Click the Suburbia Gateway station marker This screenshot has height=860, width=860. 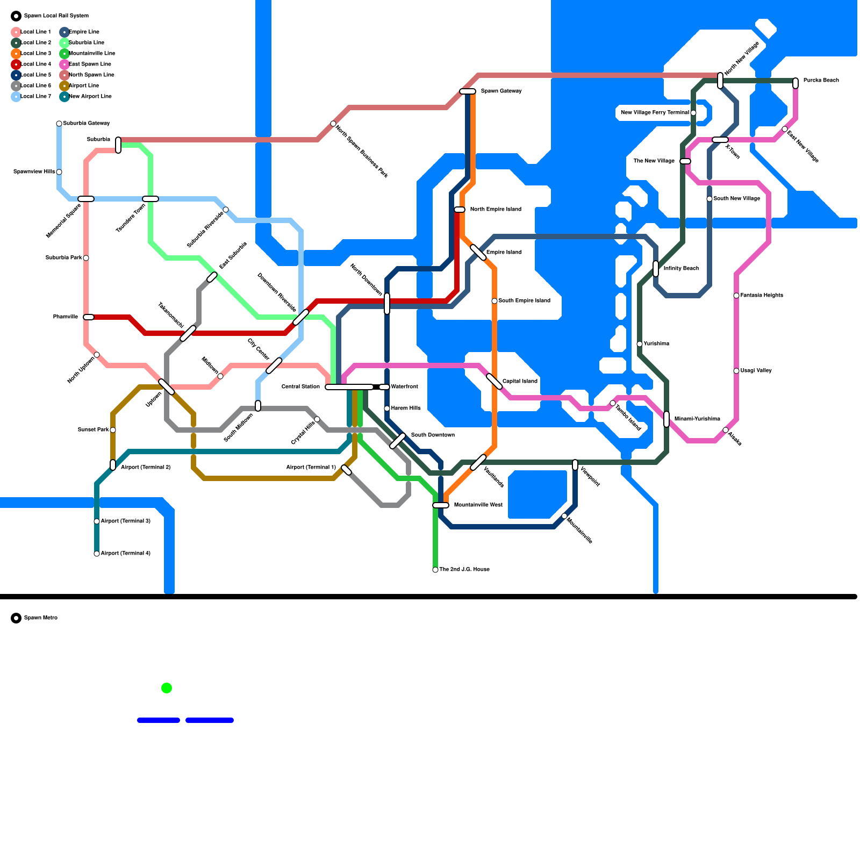pos(59,124)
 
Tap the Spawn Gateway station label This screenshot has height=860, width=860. pos(501,91)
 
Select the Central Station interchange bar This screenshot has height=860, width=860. pos(349,387)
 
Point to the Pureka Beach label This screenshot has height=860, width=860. pos(821,81)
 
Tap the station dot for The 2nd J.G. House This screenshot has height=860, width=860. pos(435,570)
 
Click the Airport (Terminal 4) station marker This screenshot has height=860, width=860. pos(97,554)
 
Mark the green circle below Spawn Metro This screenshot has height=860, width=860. pos(167,688)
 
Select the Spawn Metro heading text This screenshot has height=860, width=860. pos(41,618)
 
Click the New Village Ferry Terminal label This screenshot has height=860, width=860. pos(655,113)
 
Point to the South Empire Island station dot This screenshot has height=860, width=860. pos(494,301)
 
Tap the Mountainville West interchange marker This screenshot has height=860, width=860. pos(441,505)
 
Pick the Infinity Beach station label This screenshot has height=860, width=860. pos(681,269)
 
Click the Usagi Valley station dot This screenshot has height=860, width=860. pos(736,371)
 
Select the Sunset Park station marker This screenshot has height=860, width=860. pos(113,430)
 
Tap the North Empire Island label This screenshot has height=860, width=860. pos(496,210)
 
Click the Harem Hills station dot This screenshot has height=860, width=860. pos(387,408)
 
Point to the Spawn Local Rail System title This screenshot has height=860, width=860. pos(56,16)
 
